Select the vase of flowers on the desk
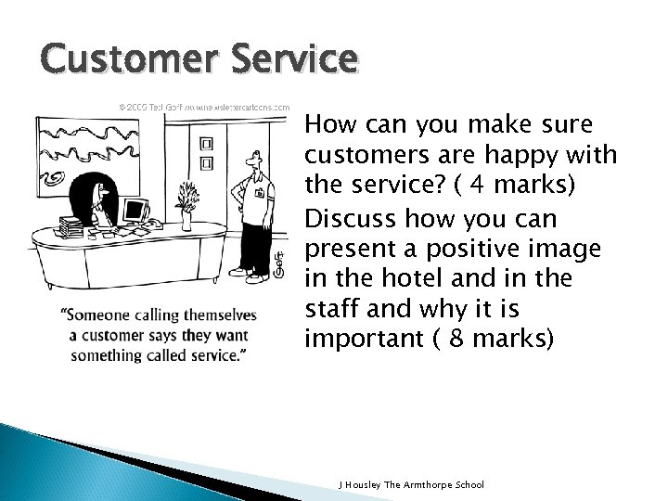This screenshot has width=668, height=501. (x=188, y=205)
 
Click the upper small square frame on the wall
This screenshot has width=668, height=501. (x=206, y=144)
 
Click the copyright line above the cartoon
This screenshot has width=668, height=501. (x=203, y=107)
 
